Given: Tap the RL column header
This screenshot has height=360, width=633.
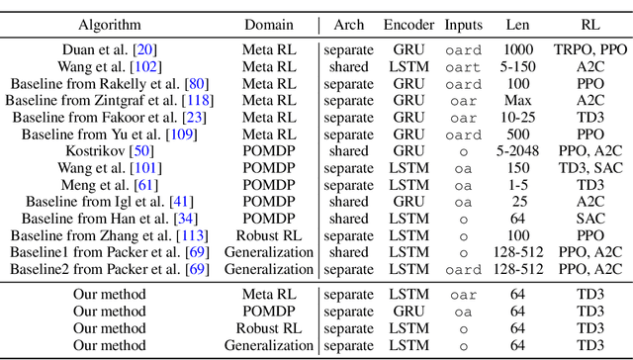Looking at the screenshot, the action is click(588, 23).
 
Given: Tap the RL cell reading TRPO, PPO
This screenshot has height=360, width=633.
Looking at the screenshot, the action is click(588, 48).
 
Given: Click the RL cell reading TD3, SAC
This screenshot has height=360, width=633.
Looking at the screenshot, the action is click(588, 166).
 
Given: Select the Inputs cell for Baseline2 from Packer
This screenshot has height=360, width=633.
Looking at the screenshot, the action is click(464, 268).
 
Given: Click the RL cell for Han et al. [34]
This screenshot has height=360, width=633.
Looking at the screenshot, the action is click(588, 217).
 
